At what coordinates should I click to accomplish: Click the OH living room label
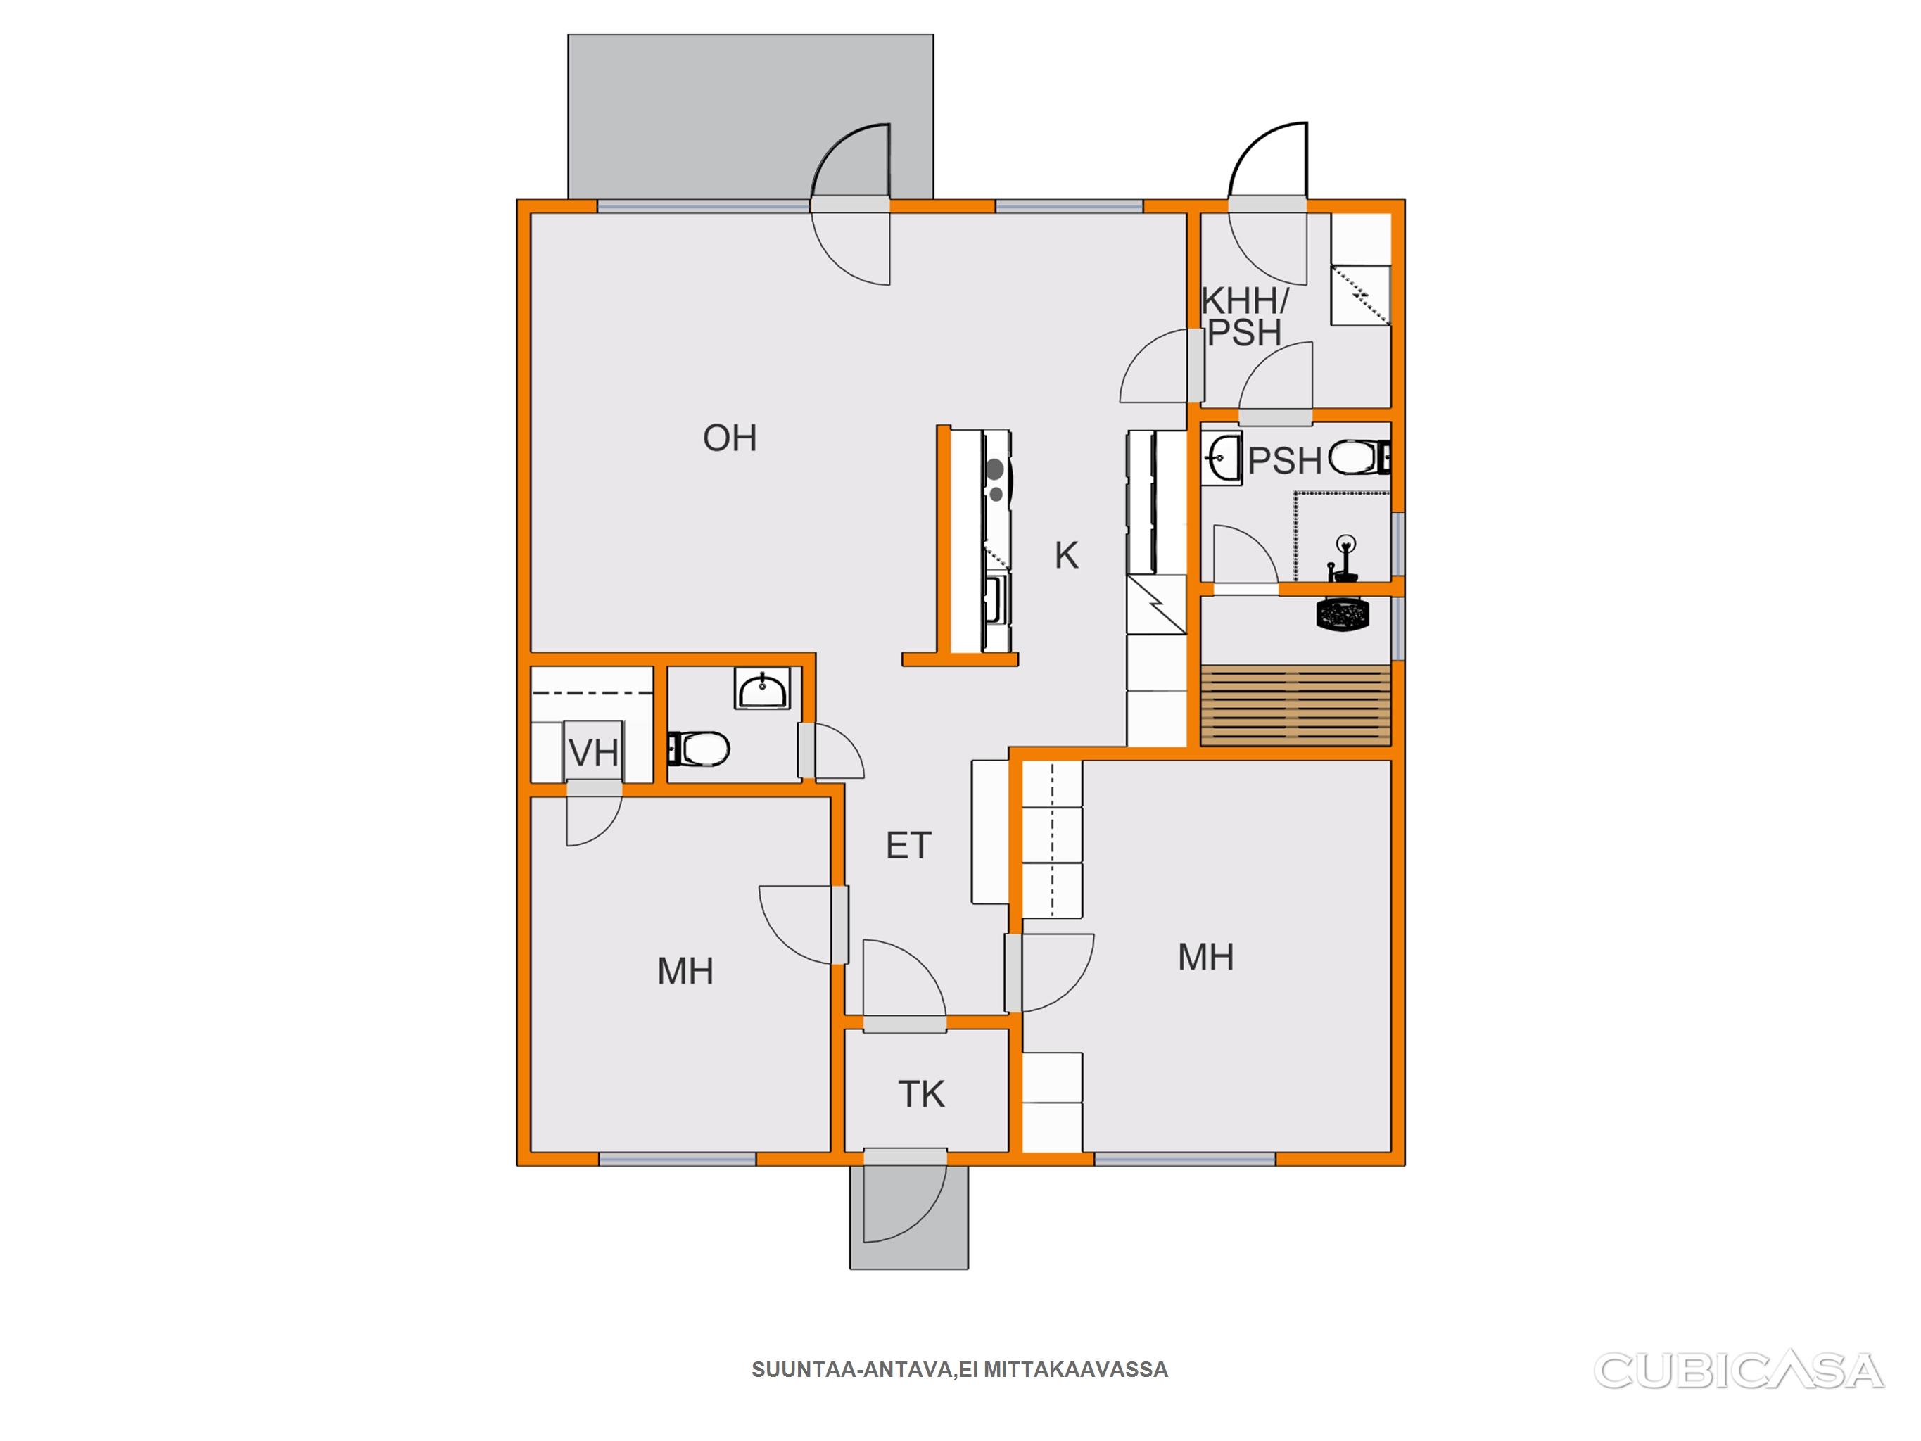730,438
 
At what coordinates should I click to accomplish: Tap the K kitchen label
1067,556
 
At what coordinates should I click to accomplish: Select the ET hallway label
908,846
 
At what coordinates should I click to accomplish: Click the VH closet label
594,752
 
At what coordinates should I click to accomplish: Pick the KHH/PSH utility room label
1245,317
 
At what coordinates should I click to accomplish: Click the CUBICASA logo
1739,1371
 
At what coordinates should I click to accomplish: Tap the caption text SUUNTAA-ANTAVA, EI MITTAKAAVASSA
960,1371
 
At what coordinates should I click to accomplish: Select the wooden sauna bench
1295,705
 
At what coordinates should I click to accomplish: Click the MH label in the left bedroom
685,971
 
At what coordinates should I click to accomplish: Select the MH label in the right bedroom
1205,957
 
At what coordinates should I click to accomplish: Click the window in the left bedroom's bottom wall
678,1160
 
